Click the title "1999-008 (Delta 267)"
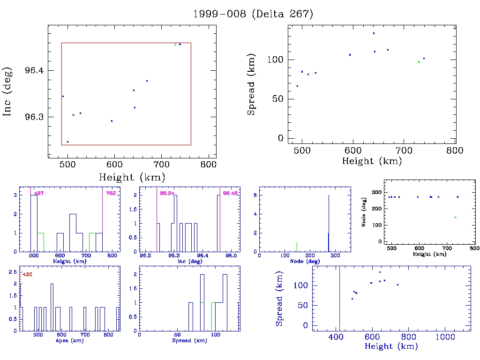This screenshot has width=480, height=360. coord(253,14)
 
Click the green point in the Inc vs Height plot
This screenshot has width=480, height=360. coord(175,45)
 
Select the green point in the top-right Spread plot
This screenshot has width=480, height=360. coord(419,62)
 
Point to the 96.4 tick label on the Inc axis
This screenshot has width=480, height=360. coord(34,70)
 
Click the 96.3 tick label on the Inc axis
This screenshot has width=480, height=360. coord(34,117)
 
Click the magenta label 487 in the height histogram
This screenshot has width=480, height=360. coord(39,193)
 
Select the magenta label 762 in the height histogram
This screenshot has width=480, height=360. coord(111,193)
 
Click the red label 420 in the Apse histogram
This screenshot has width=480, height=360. coord(28,274)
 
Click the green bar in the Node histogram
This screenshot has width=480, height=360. coord(297,247)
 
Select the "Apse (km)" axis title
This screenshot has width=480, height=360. coord(66,340)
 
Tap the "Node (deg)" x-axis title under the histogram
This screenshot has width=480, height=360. coord(305,261)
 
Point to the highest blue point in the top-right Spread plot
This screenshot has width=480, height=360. coord(374,33)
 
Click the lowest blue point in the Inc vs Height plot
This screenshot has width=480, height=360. coord(67,142)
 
